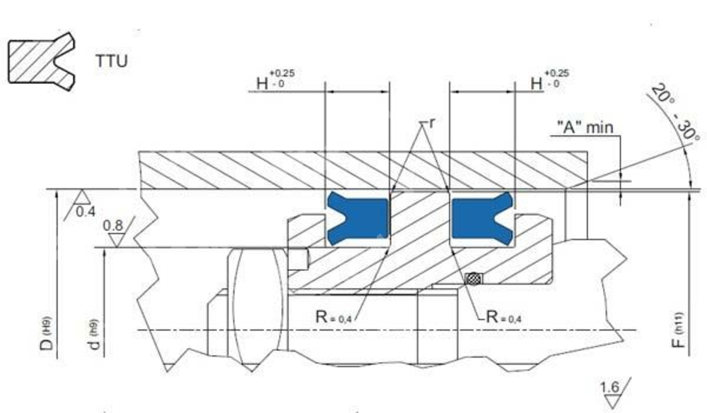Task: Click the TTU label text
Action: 112,61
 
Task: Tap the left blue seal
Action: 357,218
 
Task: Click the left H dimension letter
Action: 262,83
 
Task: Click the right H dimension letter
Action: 537,83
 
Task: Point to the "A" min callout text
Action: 585,128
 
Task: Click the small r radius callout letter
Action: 433,123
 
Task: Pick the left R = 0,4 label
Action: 333,316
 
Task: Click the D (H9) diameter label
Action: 47,334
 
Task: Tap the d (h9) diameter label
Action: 93,335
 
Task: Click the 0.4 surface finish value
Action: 86,211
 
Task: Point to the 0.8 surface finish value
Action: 112,225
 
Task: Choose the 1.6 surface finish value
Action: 609,387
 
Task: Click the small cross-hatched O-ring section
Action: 473,279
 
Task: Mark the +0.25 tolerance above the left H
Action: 283,73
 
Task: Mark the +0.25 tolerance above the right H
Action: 557,73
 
